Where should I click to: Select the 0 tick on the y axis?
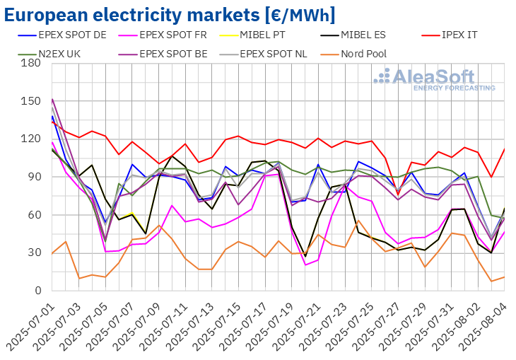(x=37, y=291)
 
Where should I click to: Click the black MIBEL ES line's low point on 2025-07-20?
(x=305, y=256)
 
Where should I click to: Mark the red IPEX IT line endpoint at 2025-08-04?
(x=504, y=149)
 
